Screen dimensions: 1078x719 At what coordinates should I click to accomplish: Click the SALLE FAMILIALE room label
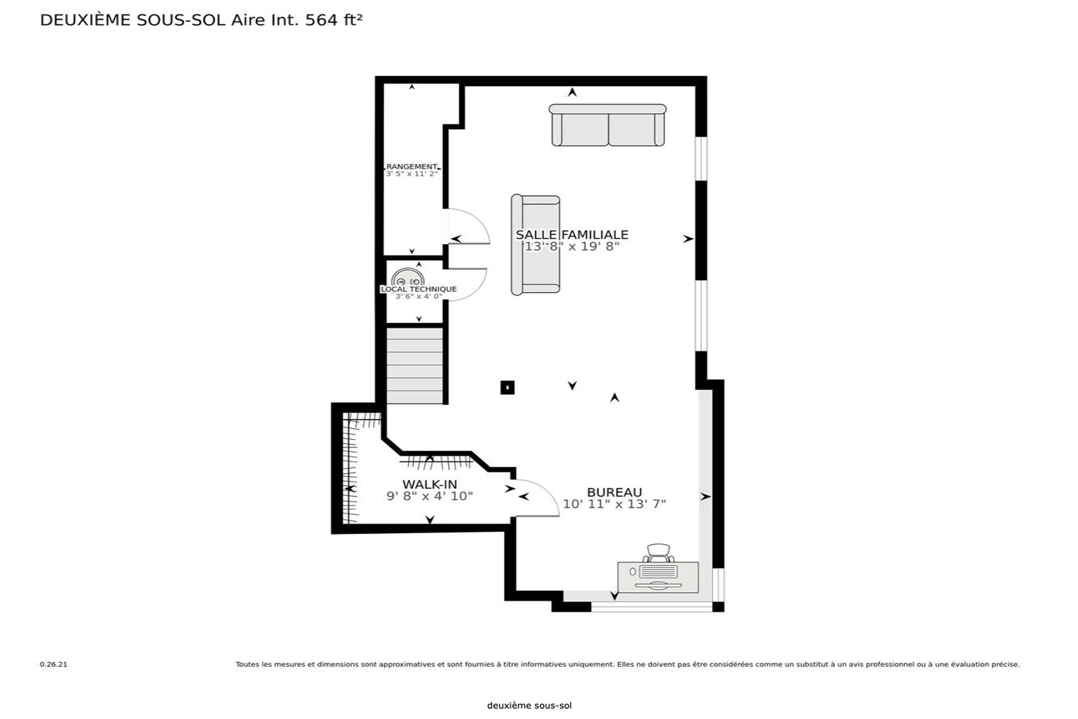572,234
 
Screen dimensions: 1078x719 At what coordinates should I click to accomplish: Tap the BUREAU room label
614,492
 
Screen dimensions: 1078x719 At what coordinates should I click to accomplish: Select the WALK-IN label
430,484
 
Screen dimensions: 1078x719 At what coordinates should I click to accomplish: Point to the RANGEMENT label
412,167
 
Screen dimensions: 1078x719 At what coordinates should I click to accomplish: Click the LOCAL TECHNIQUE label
419,289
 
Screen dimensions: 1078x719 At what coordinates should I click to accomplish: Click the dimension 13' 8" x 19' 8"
570,246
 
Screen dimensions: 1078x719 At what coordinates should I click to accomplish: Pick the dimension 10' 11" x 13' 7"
614,504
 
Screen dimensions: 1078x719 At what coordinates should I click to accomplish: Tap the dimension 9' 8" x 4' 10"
430,496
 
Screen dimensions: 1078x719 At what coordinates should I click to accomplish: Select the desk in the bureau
658,577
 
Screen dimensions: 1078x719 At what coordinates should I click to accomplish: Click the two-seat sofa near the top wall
607,125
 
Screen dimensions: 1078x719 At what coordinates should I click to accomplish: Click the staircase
415,365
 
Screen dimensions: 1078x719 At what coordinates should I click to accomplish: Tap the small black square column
508,387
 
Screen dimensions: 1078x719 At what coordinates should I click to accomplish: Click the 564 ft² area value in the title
334,20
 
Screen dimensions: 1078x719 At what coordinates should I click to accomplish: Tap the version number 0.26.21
53,665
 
